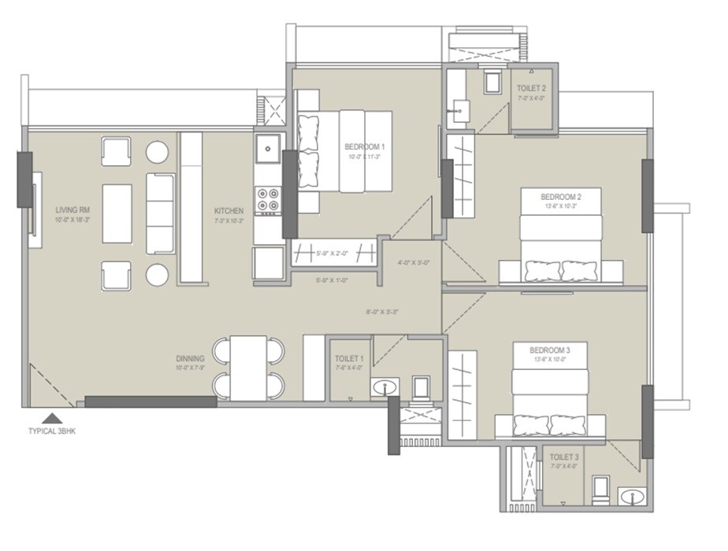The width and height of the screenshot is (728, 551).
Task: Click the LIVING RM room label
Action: pos(72,210)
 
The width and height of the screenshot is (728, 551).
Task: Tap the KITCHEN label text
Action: pos(228,211)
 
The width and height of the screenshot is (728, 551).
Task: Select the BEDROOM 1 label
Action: pos(364,146)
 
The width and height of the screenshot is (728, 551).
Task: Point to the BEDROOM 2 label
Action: pos(560,197)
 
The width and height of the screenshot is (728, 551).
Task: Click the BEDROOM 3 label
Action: pos(549,349)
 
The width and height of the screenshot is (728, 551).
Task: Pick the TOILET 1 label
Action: pos(349,358)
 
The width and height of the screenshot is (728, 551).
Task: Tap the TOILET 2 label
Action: pos(532,88)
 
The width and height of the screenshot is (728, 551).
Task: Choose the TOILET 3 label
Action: pos(563,457)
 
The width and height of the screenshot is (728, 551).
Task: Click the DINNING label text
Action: pos(191,358)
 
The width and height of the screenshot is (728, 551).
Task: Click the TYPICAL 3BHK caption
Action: pos(51,431)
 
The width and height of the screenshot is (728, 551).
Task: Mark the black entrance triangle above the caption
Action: pos(51,418)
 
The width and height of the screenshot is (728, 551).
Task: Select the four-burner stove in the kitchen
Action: pos(269,200)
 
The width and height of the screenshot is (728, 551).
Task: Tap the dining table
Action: pos(247,368)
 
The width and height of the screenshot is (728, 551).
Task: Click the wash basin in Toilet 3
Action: pos(630,497)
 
